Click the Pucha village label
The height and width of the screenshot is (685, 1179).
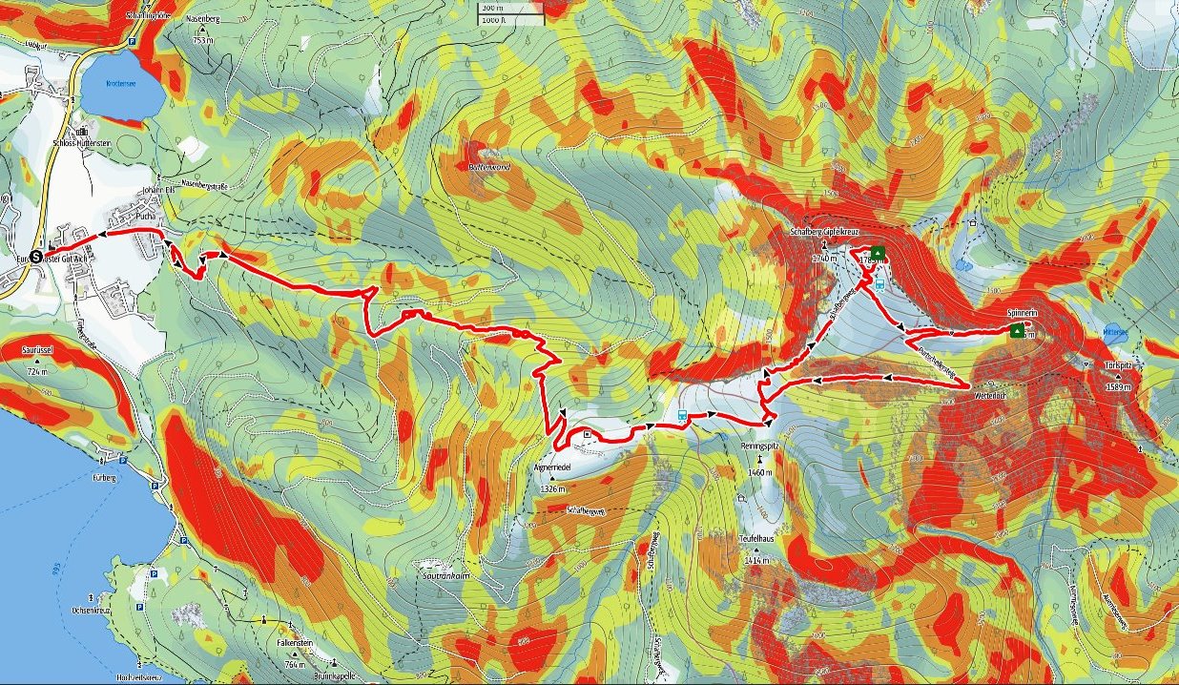[145, 217]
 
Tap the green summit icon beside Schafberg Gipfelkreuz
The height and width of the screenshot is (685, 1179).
[877, 253]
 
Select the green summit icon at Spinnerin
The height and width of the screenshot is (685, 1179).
[1017, 331]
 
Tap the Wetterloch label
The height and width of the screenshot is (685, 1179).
[990, 393]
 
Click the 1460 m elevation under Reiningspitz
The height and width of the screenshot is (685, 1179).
[760, 472]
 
